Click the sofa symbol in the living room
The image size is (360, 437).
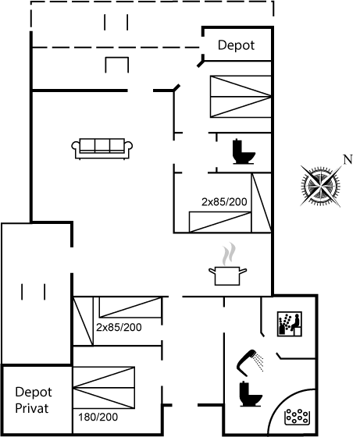pos(102,148)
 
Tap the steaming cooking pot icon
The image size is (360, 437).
pos(227,264)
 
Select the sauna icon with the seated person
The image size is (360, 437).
pos(290,324)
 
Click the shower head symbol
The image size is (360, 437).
pos(246,362)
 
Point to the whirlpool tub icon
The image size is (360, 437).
pos(297,417)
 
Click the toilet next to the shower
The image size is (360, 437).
pos(251,394)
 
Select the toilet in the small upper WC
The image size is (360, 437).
pos(244,151)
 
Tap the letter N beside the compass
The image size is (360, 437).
pos(348,159)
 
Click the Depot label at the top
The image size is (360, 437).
pos(236,45)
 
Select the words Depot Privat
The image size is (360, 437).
pos(33,400)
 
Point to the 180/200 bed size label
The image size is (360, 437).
pos(98,417)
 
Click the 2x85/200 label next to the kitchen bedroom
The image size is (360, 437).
pos(224,202)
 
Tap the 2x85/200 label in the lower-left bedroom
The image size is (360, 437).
pos(119,327)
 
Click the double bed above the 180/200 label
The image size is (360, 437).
pos(104,388)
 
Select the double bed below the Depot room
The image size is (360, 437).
pos(241,97)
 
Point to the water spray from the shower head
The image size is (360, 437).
pos(260,363)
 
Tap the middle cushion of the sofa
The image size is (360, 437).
pos(102,145)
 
